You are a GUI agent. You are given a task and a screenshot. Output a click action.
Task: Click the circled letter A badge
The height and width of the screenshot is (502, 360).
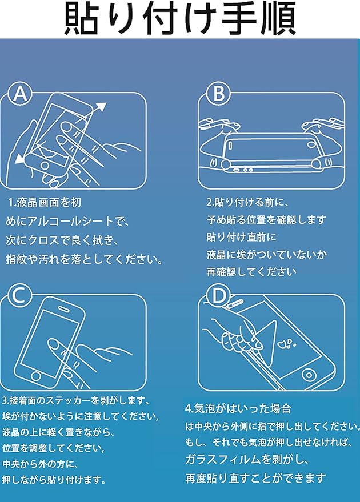(19, 94)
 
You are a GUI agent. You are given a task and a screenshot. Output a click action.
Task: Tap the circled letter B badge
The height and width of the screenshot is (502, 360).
(219, 94)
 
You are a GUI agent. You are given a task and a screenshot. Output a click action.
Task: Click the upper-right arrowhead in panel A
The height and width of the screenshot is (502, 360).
(101, 107)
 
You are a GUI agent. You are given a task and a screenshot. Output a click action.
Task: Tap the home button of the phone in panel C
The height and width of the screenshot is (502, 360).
(36, 376)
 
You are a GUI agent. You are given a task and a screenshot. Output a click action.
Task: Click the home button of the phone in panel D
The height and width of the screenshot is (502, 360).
(309, 375)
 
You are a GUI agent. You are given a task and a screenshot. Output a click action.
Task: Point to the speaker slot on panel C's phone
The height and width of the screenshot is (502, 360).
(65, 308)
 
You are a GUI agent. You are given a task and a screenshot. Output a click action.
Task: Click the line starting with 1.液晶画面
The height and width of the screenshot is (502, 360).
(45, 202)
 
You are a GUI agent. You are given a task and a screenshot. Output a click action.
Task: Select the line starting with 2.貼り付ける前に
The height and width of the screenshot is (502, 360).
(248, 202)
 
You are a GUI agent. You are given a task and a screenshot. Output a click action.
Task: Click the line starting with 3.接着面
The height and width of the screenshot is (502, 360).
(76, 400)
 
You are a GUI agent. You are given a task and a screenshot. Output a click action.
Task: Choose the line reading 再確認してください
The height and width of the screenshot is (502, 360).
(251, 272)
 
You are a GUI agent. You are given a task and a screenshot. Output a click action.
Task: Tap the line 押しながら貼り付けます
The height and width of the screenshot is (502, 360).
(54, 480)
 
